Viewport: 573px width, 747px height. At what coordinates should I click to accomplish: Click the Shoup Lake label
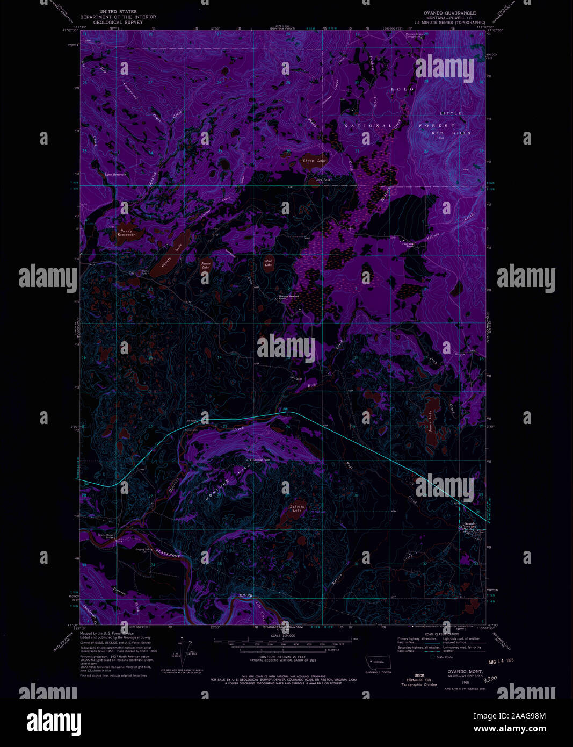[x=315, y=161]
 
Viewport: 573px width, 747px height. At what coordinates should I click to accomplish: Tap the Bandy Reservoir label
[x=126, y=233]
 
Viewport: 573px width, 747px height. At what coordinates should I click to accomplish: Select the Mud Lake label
[x=269, y=263]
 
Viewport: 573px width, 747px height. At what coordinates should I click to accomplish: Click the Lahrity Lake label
[x=297, y=508]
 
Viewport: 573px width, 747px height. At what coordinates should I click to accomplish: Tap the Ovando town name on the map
[x=469, y=524]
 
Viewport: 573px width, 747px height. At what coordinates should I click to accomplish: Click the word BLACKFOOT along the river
[x=166, y=552]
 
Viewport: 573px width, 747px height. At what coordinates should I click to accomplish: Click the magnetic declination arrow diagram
[x=185, y=651]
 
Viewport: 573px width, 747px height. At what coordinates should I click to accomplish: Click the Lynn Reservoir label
[x=115, y=175]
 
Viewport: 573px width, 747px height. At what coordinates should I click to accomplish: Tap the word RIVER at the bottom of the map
[x=246, y=596]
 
